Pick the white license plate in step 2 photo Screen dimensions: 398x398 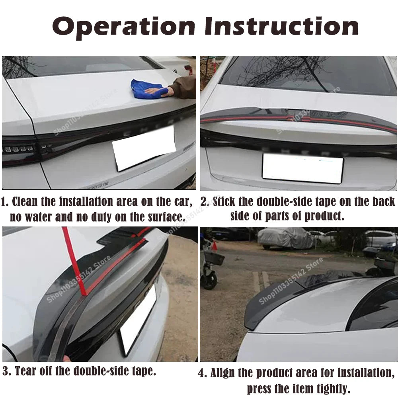tap(302, 168)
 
